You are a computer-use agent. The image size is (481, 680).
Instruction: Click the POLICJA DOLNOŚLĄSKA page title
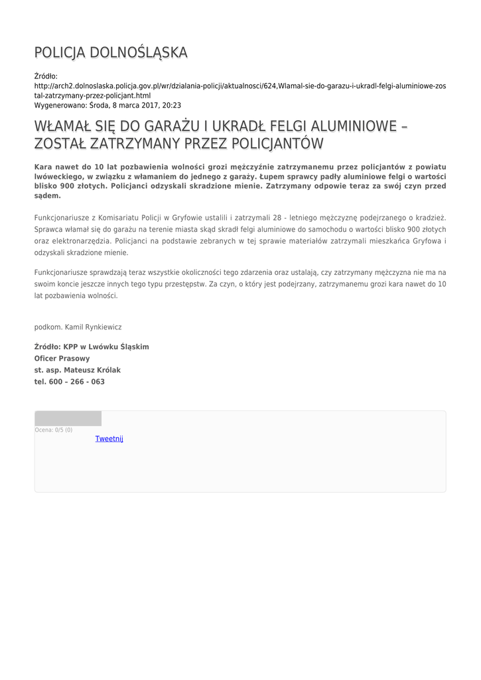(x=111, y=52)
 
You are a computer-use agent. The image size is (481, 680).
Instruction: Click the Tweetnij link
(x=109, y=438)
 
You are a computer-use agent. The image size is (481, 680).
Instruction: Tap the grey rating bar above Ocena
(x=68, y=418)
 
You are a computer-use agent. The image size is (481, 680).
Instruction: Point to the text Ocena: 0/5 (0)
(x=54, y=430)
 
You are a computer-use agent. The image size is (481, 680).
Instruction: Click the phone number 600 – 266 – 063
(x=76, y=382)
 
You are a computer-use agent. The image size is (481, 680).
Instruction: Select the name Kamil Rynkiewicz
(x=93, y=327)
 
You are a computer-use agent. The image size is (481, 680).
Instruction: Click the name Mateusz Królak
(x=93, y=370)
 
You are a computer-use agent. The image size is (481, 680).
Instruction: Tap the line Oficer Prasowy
(x=62, y=358)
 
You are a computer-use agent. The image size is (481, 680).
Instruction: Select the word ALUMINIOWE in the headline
(x=355, y=126)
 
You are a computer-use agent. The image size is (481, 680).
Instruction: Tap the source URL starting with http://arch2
(x=240, y=86)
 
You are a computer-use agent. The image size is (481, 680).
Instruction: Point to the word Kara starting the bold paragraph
(x=43, y=165)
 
